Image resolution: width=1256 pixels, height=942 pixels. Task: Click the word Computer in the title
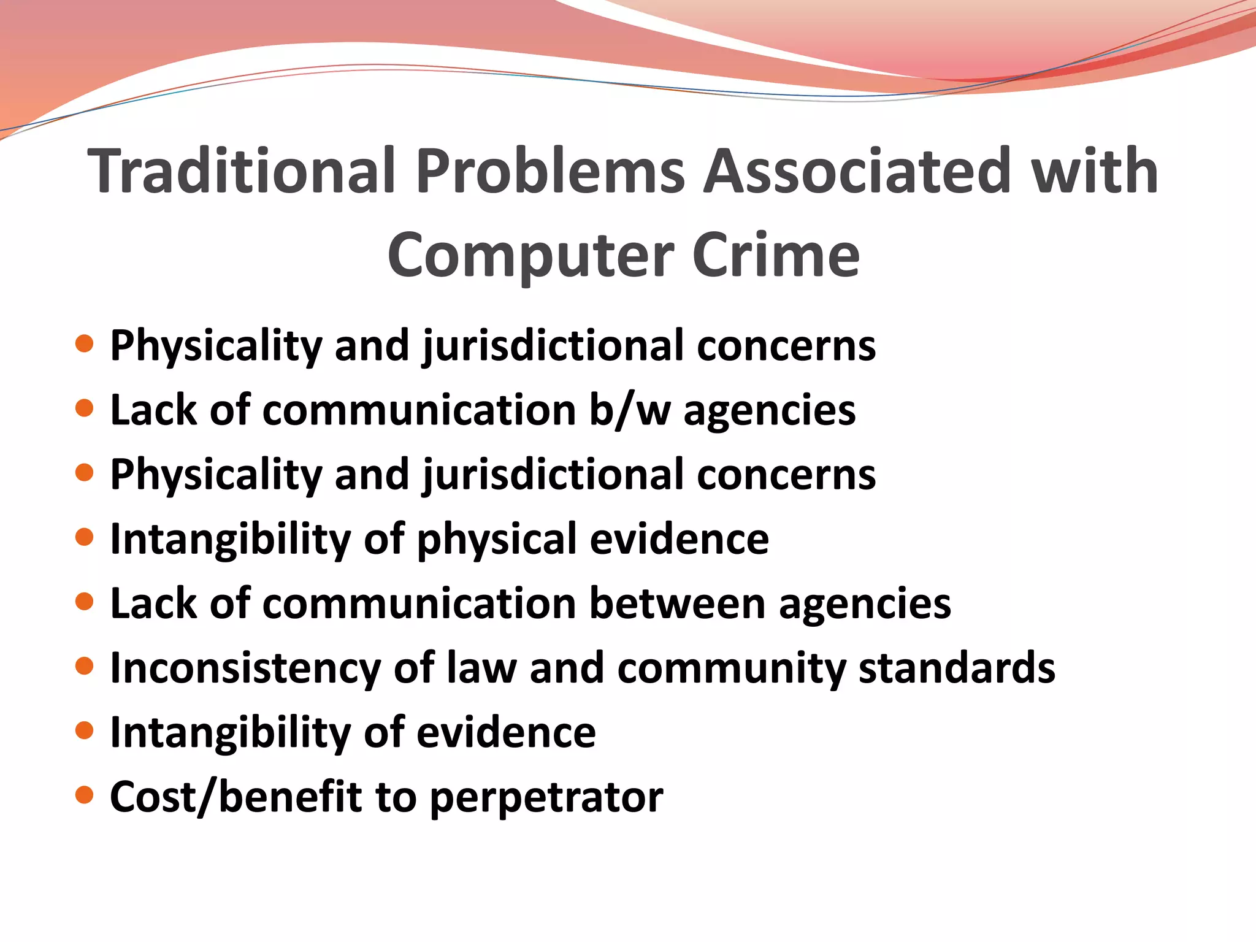[x=531, y=256]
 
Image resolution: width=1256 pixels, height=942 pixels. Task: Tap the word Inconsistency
[x=245, y=668]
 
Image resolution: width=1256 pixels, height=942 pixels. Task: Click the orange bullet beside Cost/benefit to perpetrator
[x=84, y=795]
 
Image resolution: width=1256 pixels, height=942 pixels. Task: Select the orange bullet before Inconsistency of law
[x=84, y=666]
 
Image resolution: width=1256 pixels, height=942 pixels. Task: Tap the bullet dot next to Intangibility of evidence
[x=84, y=730]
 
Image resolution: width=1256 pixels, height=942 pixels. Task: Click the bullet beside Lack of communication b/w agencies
[x=84, y=408]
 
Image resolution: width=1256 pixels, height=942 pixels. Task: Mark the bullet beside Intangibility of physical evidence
[x=84, y=537]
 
